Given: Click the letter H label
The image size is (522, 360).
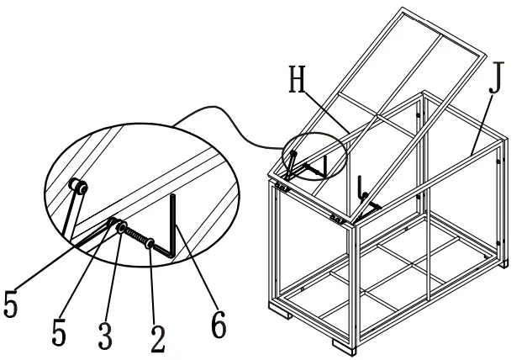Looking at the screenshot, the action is point(297,79).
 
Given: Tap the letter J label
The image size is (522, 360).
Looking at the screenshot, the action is point(497,77).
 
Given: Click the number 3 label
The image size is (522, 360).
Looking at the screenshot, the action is point(105,335).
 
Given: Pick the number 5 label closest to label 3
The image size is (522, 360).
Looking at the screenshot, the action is point(59,331).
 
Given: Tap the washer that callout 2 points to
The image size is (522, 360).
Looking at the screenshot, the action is point(150,244).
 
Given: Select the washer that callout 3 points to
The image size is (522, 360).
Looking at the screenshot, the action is point(121,228).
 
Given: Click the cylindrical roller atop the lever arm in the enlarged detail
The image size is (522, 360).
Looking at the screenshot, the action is point(78,187).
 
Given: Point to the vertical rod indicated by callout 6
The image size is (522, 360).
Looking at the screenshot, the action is point(173,225).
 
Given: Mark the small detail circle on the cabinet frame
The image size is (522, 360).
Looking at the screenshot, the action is point(315,156).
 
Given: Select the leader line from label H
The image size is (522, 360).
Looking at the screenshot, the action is point(327,111).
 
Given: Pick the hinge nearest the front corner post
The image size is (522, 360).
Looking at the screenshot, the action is point(337,219).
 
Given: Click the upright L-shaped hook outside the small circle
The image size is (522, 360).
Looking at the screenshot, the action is point(361,188).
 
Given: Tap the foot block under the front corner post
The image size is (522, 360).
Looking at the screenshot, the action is point(344,347).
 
